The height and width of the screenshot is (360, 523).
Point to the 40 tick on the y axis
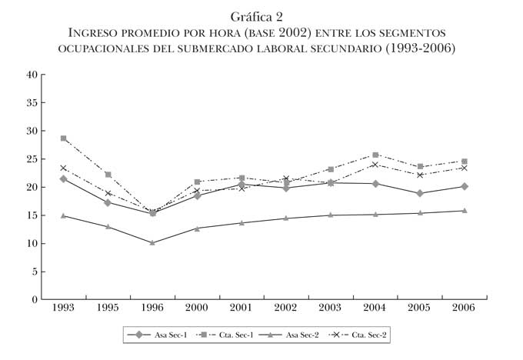coord(32,75)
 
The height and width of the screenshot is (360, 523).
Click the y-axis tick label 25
coord(32,159)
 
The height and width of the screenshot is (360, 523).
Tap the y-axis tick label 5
coord(35,272)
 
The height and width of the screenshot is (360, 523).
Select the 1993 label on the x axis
coord(63,308)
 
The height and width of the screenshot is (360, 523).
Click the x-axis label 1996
coord(152,308)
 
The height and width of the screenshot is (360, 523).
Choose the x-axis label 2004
coord(375,308)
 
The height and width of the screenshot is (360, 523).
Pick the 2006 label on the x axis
coord(464,308)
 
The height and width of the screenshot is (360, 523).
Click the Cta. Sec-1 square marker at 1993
coord(64,138)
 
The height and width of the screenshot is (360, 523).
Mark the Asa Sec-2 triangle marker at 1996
coord(152,242)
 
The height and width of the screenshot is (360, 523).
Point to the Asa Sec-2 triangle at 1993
coord(64,215)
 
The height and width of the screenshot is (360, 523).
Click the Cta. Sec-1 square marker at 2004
coord(375,155)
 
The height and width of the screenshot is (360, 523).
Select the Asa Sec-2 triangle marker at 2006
coord(464,210)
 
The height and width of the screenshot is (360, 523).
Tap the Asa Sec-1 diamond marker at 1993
coord(64,178)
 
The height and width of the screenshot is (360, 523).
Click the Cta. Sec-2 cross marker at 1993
coord(64,168)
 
